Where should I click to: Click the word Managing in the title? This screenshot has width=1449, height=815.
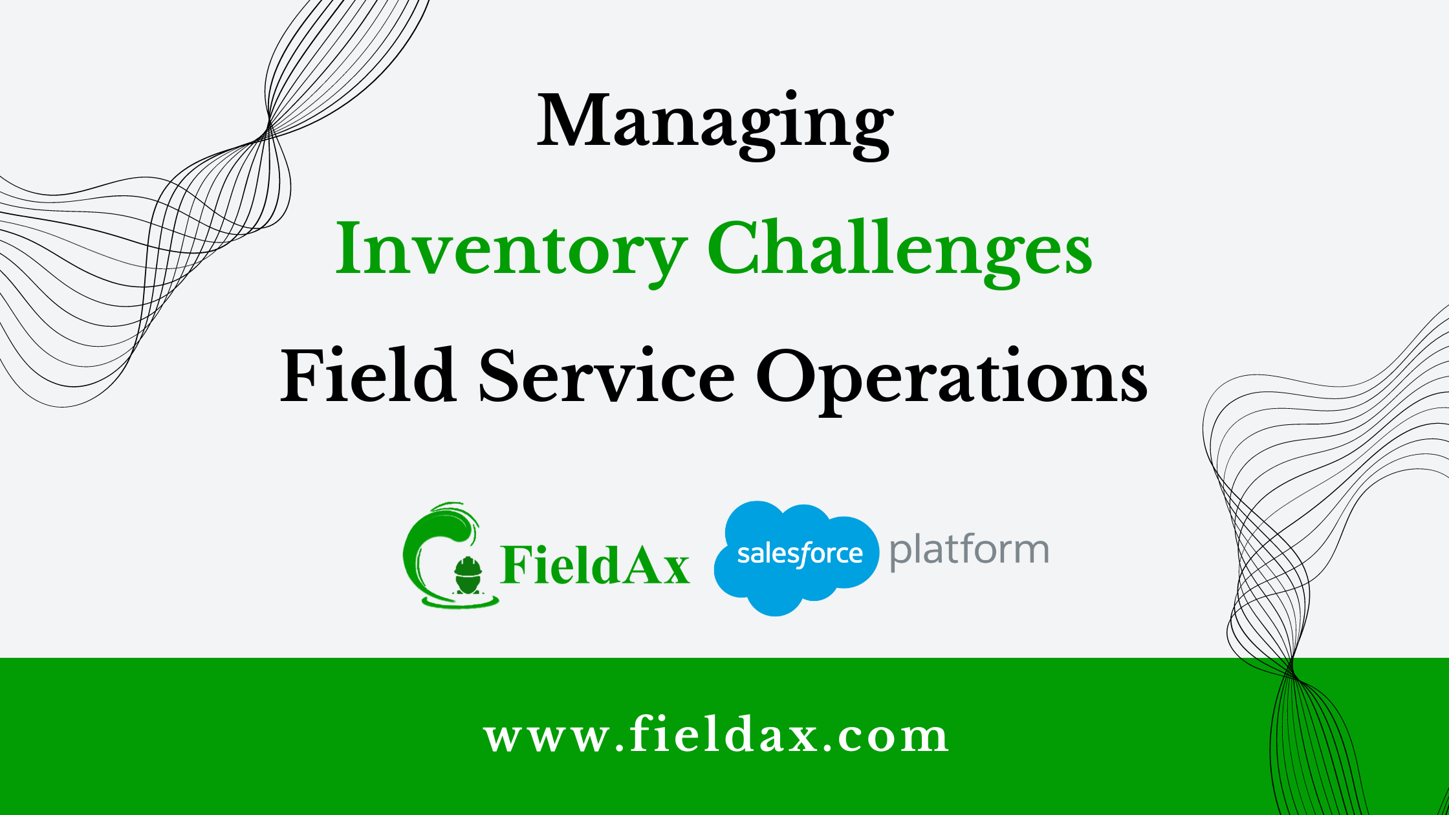click(x=715, y=123)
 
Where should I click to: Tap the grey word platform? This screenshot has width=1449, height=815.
click(x=968, y=551)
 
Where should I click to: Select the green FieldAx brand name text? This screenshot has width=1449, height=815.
click(x=594, y=565)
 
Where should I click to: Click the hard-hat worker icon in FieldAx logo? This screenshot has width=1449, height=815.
click(x=467, y=575)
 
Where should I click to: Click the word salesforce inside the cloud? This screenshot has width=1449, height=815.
click(x=800, y=554)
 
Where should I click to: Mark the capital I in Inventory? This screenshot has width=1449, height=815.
click(x=347, y=248)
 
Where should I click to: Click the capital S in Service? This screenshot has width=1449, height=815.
click(x=499, y=376)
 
